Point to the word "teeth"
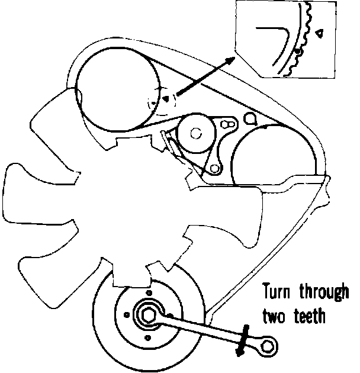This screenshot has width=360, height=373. click(310, 316)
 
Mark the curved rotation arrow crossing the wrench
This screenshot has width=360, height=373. click(243, 342)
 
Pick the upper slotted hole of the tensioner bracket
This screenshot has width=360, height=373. click(227, 125)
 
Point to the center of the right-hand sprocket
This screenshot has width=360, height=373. click(273, 156)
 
